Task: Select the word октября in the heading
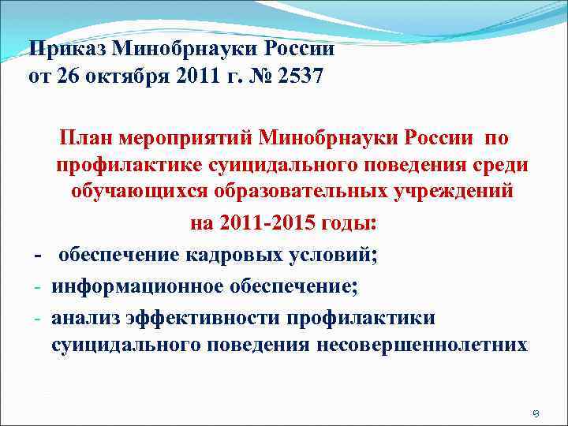[x=124, y=77]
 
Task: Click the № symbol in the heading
[x=253, y=77]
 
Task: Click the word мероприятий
[x=182, y=139]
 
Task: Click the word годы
[x=348, y=223]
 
